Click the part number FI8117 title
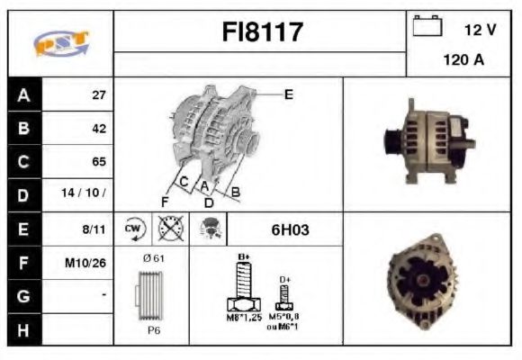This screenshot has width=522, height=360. coord(262,33)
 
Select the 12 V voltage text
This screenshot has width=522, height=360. coord(480,30)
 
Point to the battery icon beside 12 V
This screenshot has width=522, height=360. coord(425,28)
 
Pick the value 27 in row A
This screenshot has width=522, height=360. coord(99,94)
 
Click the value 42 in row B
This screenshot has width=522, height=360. coord(99,129)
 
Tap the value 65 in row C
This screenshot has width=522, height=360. coord(99,162)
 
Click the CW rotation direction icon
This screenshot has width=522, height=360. coord(134,229)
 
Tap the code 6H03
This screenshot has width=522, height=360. coord(290,229)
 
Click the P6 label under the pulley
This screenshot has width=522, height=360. coord(154,330)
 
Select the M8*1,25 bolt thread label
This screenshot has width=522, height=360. coord(243,317)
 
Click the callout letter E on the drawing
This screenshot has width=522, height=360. coord(288,93)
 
